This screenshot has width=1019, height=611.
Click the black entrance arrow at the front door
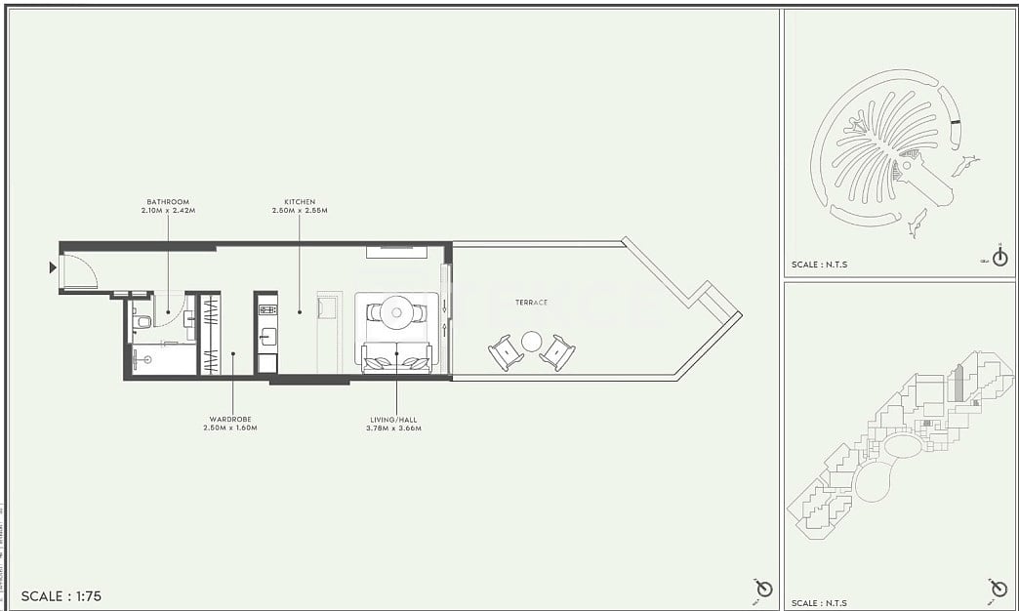[x=52, y=267]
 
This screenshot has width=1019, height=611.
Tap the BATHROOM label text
[x=167, y=202]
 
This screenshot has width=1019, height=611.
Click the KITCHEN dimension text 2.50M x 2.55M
[x=300, y=211]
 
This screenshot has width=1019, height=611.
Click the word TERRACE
[x=533, y=303]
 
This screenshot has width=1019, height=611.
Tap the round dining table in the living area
[x=396, y=312]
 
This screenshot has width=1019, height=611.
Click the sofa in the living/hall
[x=396, y=358]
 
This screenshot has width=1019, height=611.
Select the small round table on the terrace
[x=532, y=341]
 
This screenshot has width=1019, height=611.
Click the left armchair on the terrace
[x=506, y=351]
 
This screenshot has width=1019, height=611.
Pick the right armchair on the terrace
[x=558, y=351]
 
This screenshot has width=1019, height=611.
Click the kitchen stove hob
[x=266, y=310]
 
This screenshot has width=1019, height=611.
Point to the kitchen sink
[x=265, y=339]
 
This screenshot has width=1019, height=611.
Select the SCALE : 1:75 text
[x=61, y=595]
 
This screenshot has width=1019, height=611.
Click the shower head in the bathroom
[x=147, y=359]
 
